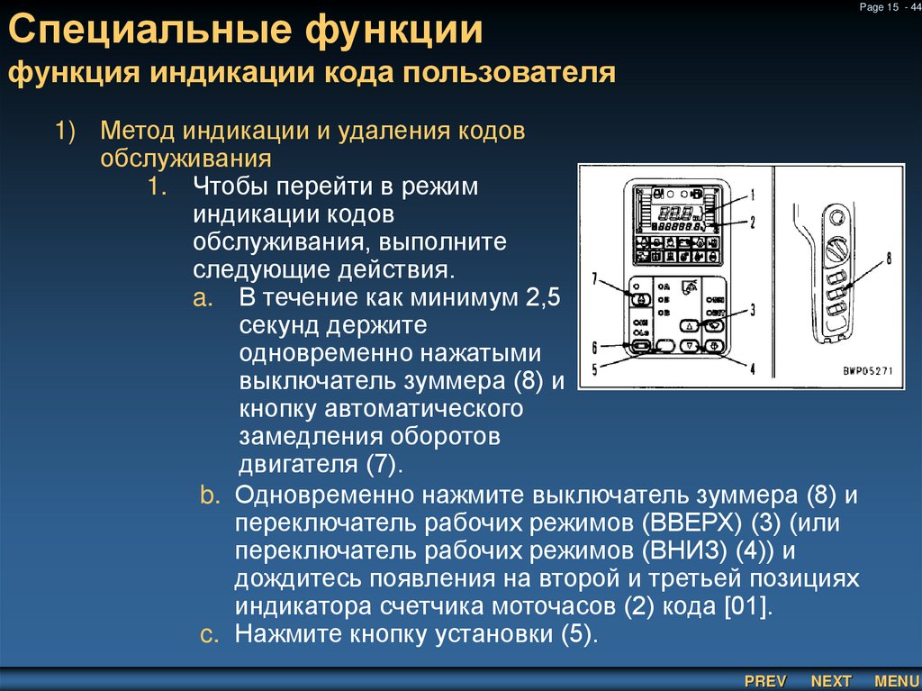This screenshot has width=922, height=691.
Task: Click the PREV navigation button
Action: (x=765, y=680)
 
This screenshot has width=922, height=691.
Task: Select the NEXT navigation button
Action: (x=830, y=680)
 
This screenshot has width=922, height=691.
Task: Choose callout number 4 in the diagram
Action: (x=752, y=367)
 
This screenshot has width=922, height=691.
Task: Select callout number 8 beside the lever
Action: (x=888, y=259)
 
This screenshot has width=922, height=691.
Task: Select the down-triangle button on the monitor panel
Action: (x=690, y=346)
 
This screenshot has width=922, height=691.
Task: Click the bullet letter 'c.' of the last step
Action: (x=209, y=634)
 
